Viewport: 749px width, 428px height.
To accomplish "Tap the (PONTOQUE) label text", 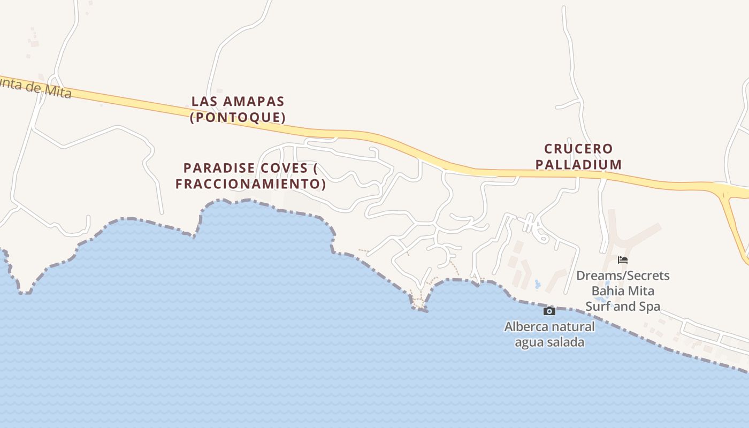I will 238,117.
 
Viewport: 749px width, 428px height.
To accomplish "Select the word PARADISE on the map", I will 219,168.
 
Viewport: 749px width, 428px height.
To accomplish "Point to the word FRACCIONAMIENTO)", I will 250,184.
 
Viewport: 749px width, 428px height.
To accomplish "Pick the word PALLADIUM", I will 578,164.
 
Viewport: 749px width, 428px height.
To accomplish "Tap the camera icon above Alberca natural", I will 549,311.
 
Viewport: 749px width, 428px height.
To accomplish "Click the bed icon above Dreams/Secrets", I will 622,260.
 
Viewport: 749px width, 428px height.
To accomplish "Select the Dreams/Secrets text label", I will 623,276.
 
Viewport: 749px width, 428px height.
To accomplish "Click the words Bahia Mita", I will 623,291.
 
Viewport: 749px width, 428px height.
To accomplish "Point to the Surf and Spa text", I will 623,307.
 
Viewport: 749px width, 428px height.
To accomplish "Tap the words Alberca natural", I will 549,326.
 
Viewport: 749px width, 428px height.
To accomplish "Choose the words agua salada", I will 549,342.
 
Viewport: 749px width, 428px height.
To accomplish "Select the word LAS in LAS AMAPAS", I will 203,101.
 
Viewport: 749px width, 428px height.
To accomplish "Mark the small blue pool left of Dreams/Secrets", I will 537,284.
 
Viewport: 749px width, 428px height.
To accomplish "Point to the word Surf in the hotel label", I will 597,307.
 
